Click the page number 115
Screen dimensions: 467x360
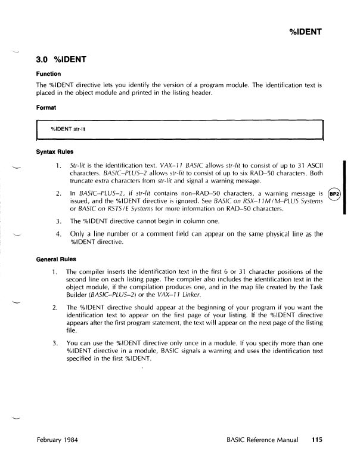(x=316, y=441)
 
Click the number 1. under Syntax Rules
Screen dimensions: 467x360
(x=58, y=165)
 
